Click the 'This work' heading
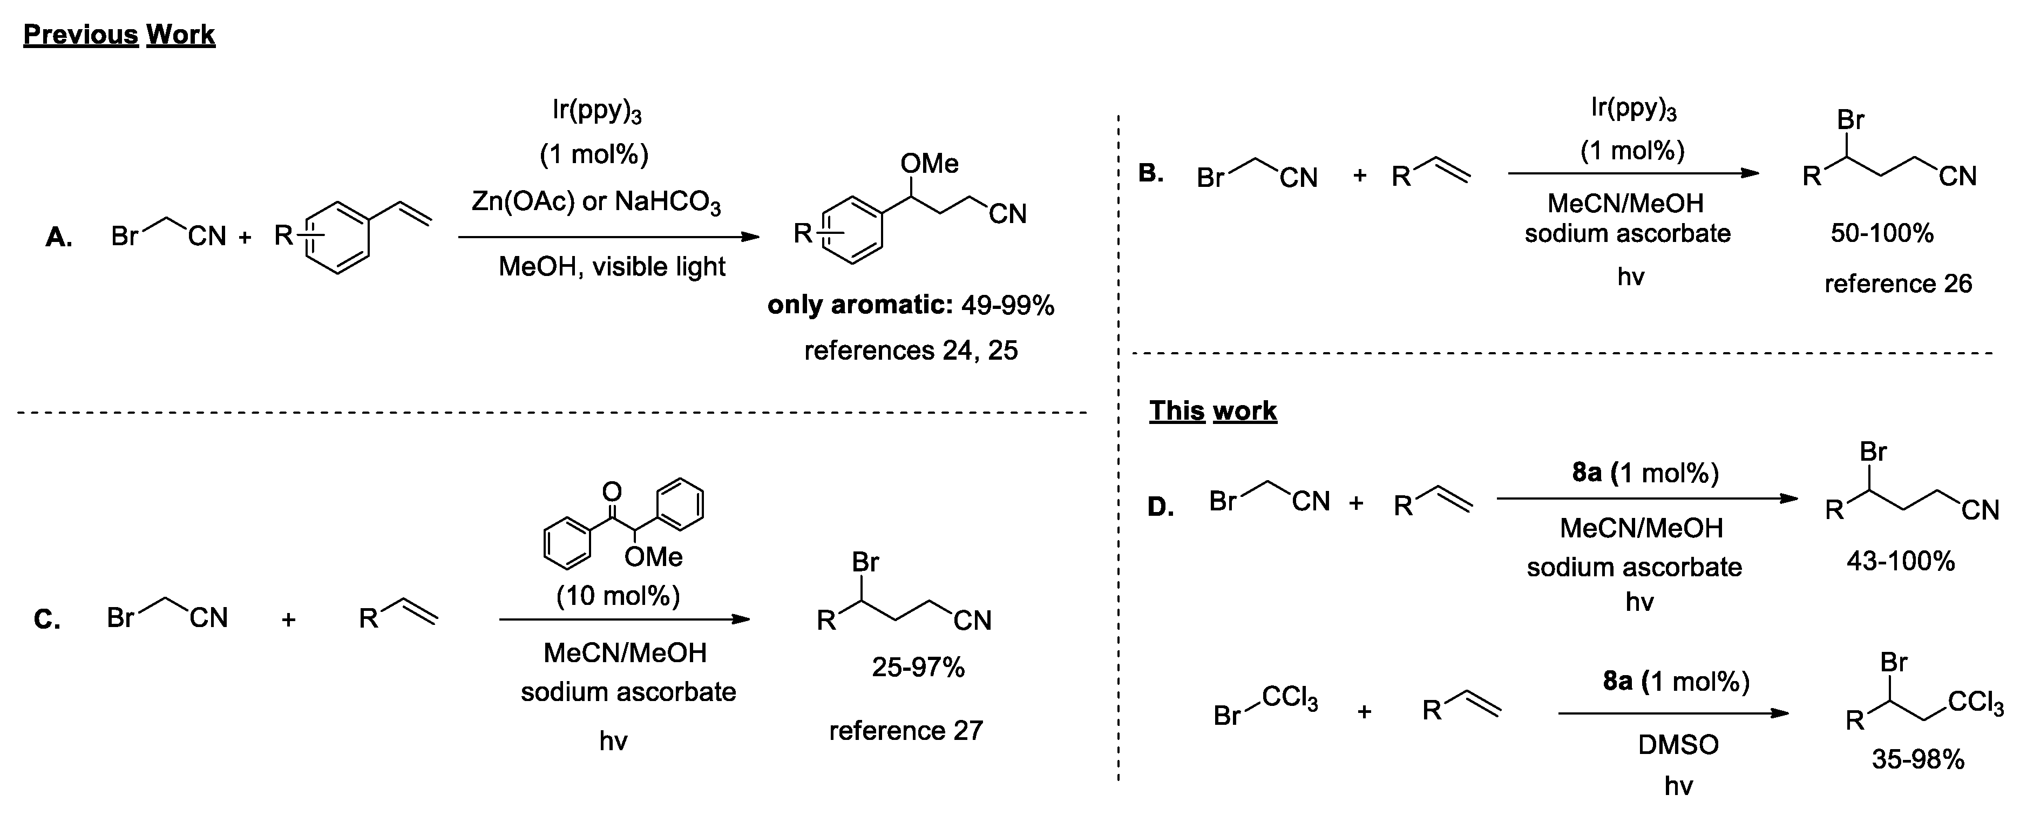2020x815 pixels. point(1212,410)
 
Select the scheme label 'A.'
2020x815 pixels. point(59,237)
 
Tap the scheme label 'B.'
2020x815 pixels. point(1150,173)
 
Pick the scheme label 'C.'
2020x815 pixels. point(47,619)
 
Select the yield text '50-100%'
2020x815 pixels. point(1881,233)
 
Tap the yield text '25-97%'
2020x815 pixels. point(918,668)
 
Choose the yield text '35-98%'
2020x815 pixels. point(1917,759)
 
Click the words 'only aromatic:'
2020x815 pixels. point(859,305)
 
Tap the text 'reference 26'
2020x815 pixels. point(1897,283)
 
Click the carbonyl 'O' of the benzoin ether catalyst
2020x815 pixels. point(611,492)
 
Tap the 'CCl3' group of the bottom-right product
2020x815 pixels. point(1975,701)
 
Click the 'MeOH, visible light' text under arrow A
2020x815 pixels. point(612,267)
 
